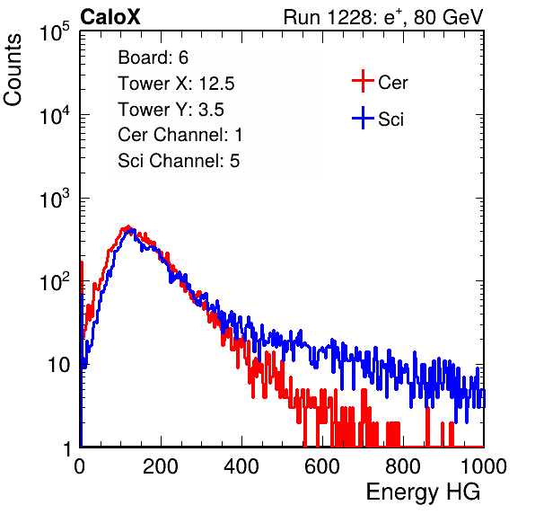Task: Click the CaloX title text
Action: pyautogui.click(x=110, y=17)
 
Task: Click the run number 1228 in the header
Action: pyautogui.click(x=352, y=17)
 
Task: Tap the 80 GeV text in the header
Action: pyautogui.click(x=448, y=17)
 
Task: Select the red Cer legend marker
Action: pyautogui.click(x=363, y=81)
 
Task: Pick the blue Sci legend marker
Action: pyautogui.click(x=363, y=119)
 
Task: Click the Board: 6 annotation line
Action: pyautogui.click(x=153, y=58)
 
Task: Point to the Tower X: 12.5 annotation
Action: pyautogui.click(x=176, y=84)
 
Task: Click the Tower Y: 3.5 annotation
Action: pyautogui.click(x=171, y=110)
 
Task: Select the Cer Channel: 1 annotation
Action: pyautogui.click(x=180, y=135)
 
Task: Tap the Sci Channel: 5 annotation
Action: pyautogui.click(x=179, y=161)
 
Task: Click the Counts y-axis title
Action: pyautogui.click(x=13, y=70)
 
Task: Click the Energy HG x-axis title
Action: pyautogui.click(x=423, y=492)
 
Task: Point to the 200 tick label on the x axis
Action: pyautogui.click(x=161, y=466)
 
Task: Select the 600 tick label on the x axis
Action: pyautogui.click(x=322, y=466)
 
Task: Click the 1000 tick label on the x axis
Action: pyautogui.click(x=484, y=466)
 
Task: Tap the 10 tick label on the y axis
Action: pyautogui.click(x=59, y=366)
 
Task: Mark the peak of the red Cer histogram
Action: pyautogui.click(x=128, y=226)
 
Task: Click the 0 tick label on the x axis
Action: pyautogui.click(x=80, y=466)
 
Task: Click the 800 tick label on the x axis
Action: pyautogui.click(x=403, y=466)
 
